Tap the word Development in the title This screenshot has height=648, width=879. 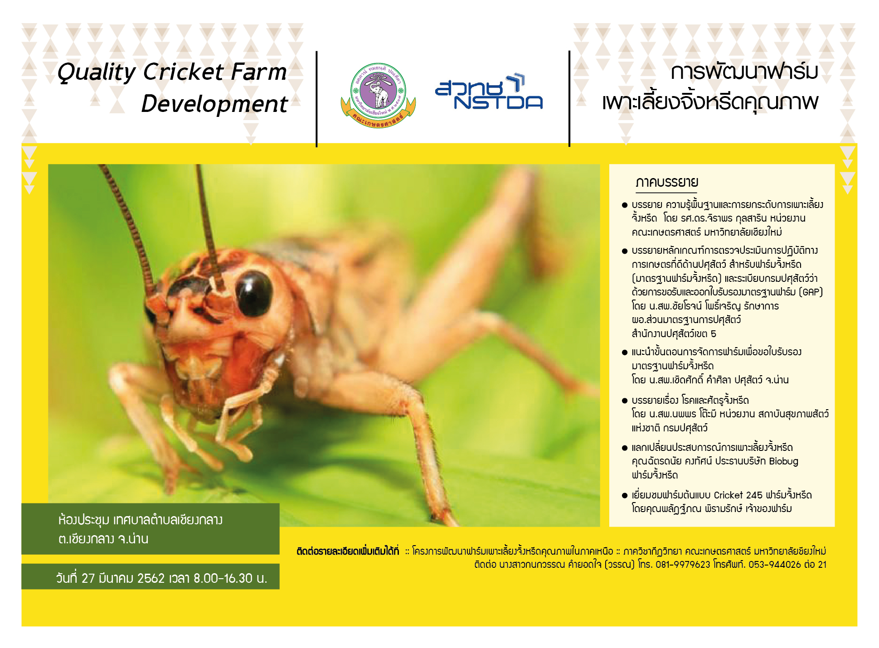point(214,104)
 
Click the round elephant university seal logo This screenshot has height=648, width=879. point(378,96)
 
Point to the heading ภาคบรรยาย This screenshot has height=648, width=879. point(667,182)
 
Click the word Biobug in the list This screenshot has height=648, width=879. point(783,461)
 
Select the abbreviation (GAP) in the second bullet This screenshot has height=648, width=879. point(811,292)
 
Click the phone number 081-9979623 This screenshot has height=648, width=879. point(683,565)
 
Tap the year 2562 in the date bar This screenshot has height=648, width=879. point(151,578)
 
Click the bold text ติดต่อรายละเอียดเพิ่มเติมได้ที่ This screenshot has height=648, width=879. point(348,551)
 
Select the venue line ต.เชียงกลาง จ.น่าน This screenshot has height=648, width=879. point(103,539)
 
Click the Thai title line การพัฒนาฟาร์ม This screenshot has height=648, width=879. point(744,72)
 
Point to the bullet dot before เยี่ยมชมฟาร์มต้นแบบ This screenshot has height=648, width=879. point(625,495)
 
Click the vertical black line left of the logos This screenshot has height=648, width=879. point(316,99)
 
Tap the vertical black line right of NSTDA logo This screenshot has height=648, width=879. point(569,99)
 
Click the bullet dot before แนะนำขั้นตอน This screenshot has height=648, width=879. point(625,352)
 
